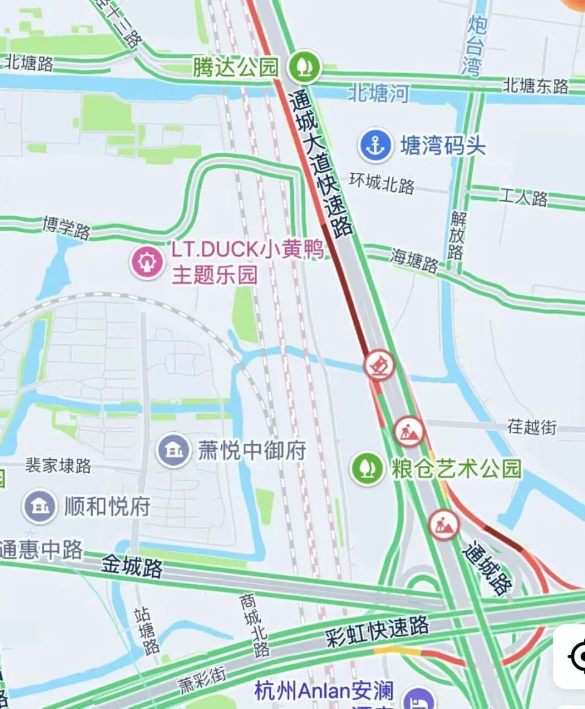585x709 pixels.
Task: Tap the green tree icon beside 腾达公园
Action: tap(305, 66)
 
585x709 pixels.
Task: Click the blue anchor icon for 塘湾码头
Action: tap(375, 145)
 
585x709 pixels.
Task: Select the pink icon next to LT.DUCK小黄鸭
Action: tap(147, 262)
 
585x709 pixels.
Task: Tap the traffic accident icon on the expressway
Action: tap(380, 365)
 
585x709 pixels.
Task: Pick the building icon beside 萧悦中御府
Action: tap(174, 450)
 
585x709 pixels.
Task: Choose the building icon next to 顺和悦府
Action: tap(40, 506)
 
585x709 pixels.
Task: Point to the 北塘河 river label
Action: tap(378, 93)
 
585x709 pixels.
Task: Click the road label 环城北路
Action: tap(382, 183)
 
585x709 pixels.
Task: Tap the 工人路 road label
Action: tap(523, 197)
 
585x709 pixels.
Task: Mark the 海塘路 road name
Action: tap(414, 261)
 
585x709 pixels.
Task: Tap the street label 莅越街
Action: tap(532, 426)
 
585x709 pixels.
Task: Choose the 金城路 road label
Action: tap(132, 566)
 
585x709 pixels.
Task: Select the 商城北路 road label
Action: tap(255, 625)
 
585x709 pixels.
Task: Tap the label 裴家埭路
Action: tap(58, 466)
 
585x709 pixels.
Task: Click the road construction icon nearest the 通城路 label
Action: tap(444, 524)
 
